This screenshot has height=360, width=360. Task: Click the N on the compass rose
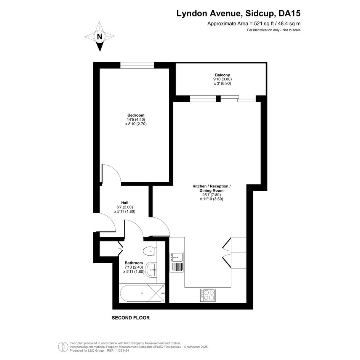(99, 37)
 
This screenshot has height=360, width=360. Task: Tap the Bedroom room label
(136, 115)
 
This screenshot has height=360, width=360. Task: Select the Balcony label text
(222, 75)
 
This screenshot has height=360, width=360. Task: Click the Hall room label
(125, 203)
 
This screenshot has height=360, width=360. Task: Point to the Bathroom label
(134, 263)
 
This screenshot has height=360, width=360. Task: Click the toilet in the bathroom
(150, 251)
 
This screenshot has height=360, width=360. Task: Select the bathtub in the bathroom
(142, 293)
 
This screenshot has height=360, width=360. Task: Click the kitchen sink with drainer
(177, 262)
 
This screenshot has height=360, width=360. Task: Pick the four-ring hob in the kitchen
(208, 295)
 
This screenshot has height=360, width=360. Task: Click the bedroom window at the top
(137, 65)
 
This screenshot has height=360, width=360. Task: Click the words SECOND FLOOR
(131, 318)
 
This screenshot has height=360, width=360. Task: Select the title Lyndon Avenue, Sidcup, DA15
(238, 13)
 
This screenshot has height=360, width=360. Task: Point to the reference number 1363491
(123, 350)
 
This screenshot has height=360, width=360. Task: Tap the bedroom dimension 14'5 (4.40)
(136, 120)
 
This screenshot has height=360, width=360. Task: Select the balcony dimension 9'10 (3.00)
(222, 79)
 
